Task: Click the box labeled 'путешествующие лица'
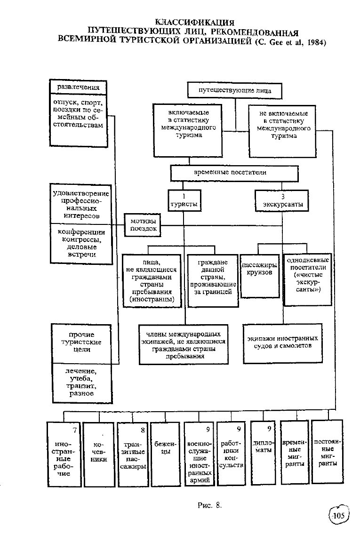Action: point(234,90)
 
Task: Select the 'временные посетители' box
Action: point(234,173)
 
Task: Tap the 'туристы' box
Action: point(184,200)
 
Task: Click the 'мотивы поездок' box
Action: point(143,225)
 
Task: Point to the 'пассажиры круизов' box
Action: point(260,276)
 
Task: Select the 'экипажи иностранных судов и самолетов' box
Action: point(282,343)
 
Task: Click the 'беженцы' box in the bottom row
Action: point(165,454)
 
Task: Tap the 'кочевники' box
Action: point(99,454)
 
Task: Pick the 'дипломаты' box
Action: point(263,453)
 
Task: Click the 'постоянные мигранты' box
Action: point(328,452)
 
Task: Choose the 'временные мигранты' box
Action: point(295,453)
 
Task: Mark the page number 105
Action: point(338,516)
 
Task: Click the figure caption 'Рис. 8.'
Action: point(209,505)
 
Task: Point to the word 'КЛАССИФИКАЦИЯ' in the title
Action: point(195,23)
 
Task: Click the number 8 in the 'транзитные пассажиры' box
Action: point(143,430)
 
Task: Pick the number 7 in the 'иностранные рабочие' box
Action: point(75,430)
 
